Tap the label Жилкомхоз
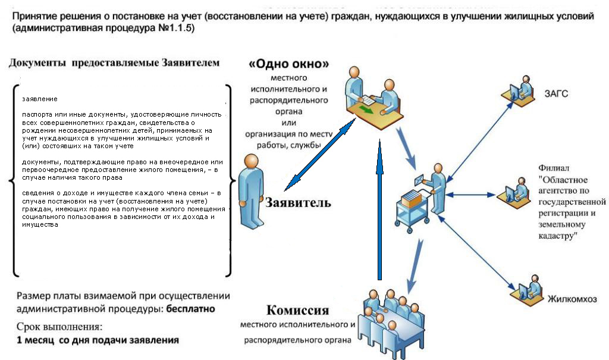(x=572, y=299)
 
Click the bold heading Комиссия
(x=297, y=311)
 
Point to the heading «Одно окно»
(x=289, y=64)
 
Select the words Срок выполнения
(x=55, y=327)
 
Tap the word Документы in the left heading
(x=37, y=62)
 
